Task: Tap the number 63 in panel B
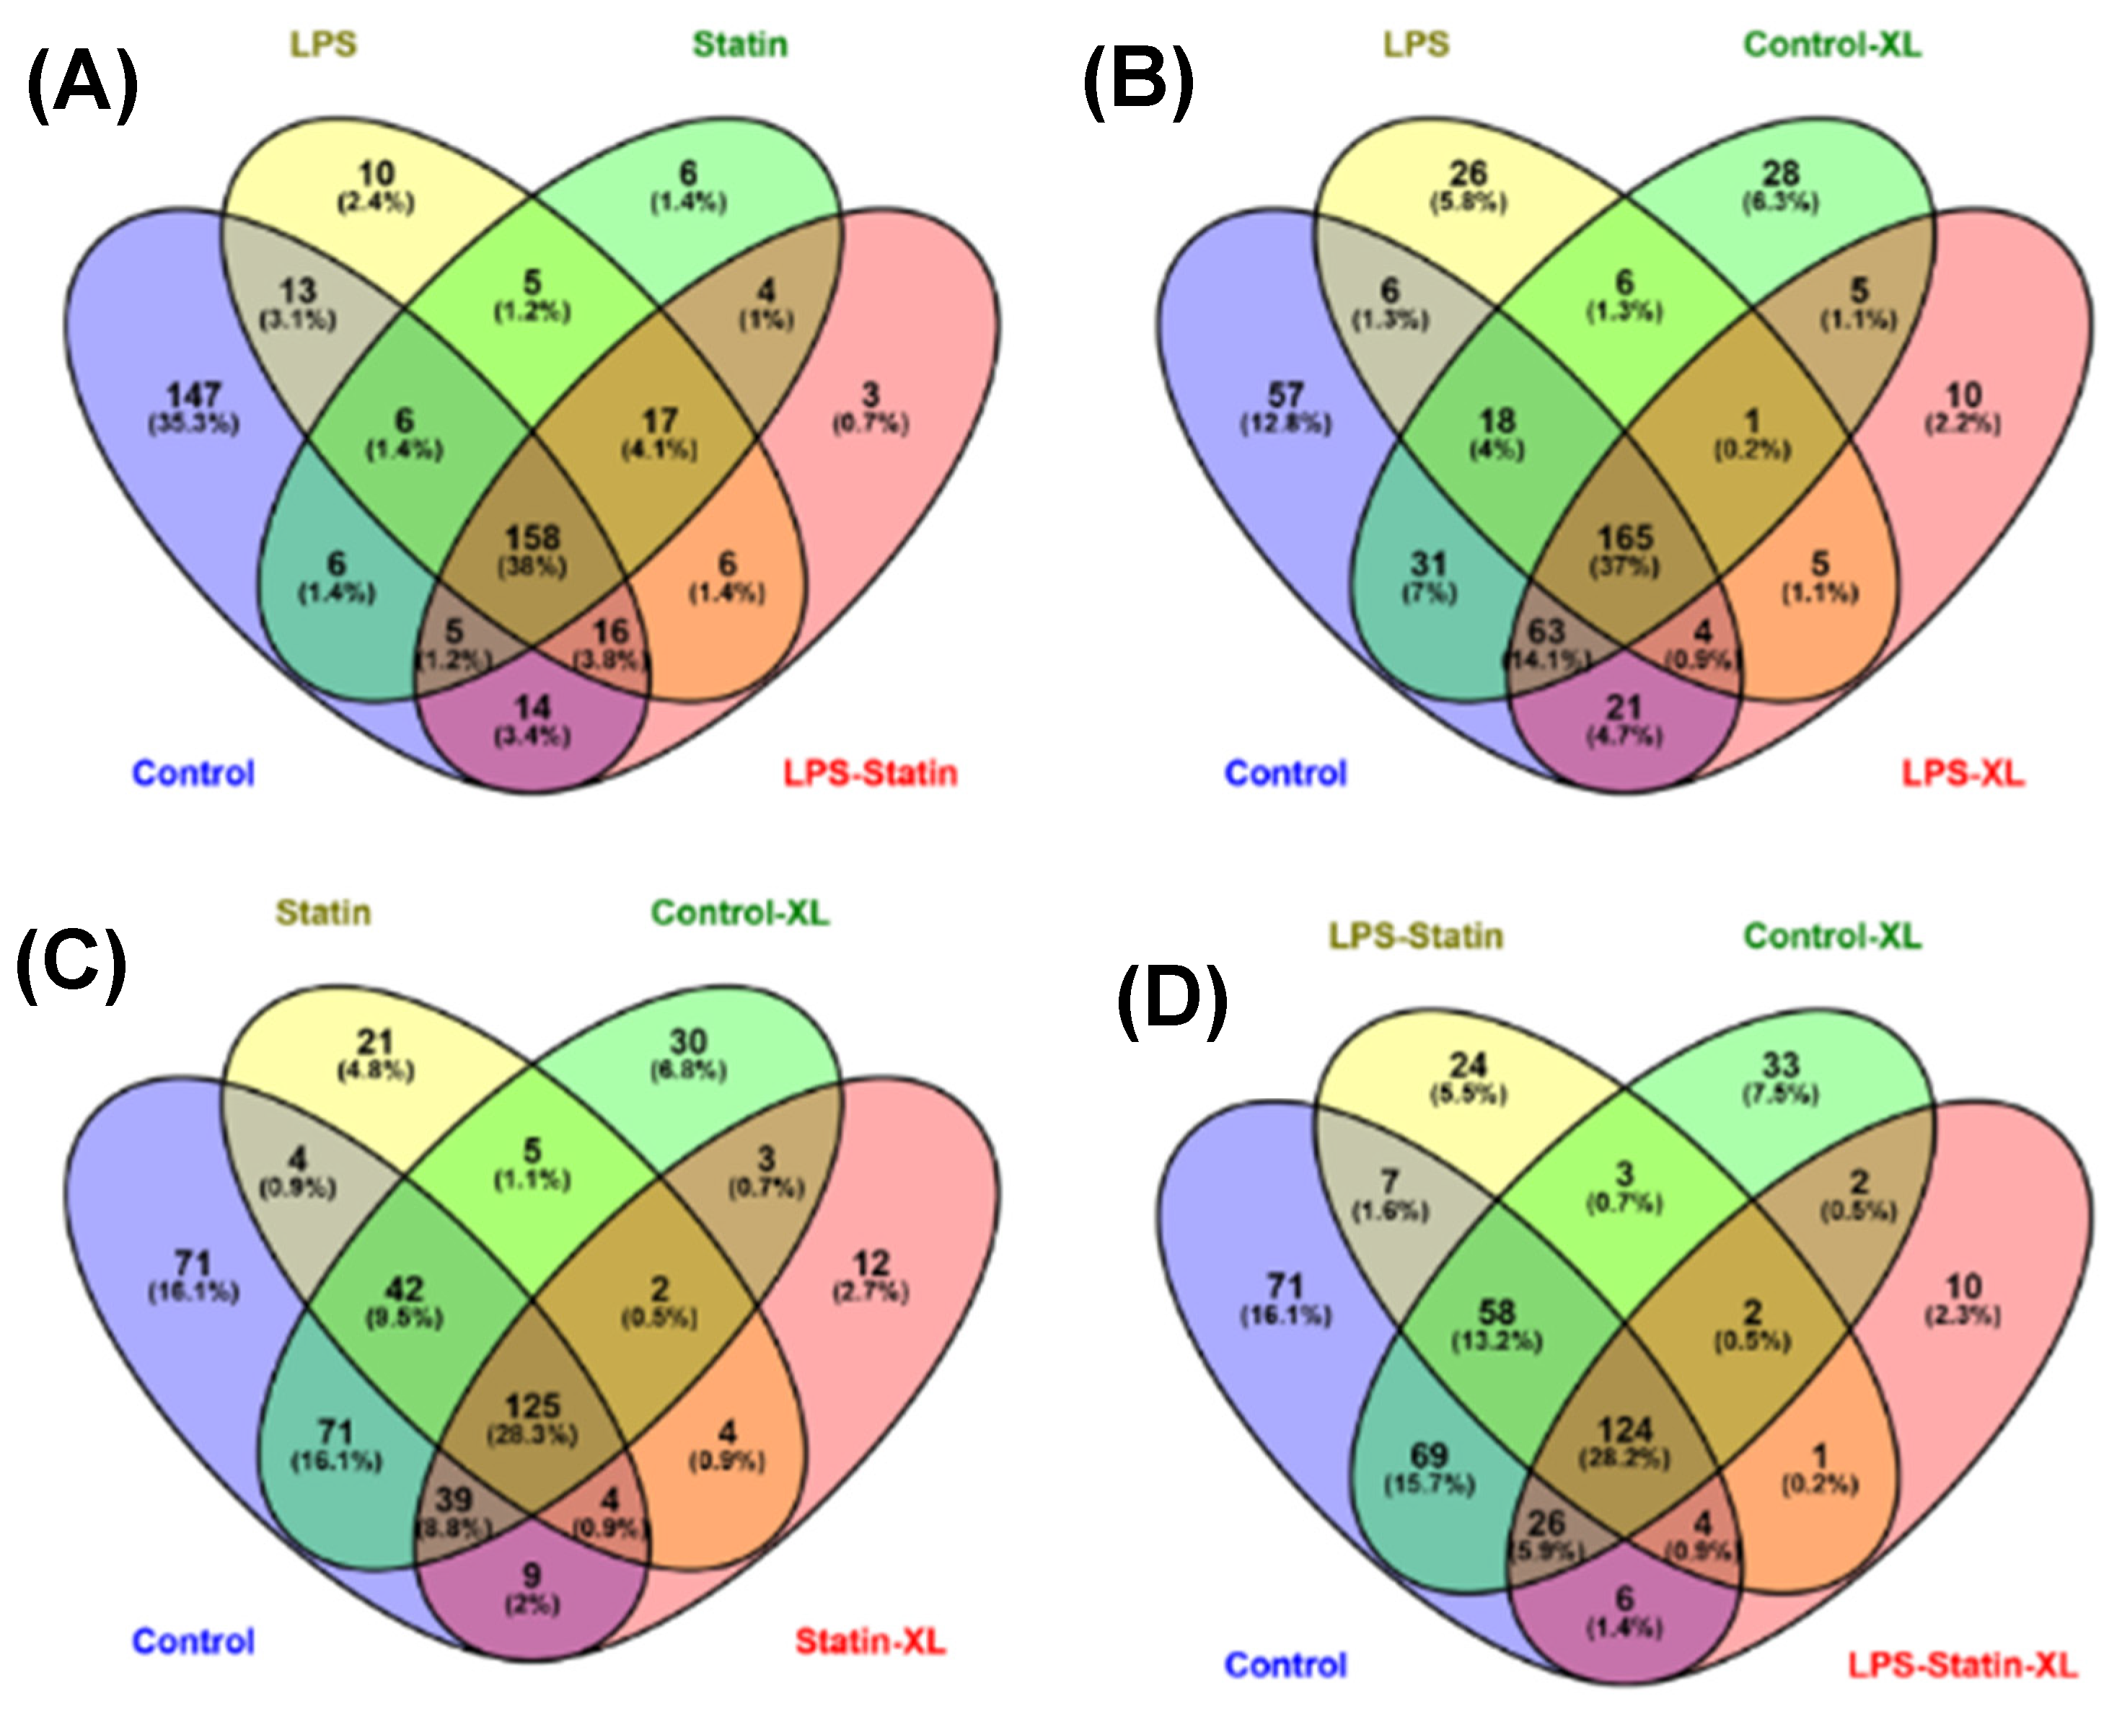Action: (1546, 631)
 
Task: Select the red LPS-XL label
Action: (1963, 774)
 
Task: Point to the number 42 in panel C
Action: (405, 1289)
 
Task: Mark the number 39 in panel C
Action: (454, 1499)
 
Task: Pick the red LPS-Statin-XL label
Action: (1963, 1666)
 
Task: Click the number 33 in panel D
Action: (1780, 1065)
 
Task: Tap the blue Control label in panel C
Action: (193, 1642)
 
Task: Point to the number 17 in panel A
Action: (660, 421)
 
